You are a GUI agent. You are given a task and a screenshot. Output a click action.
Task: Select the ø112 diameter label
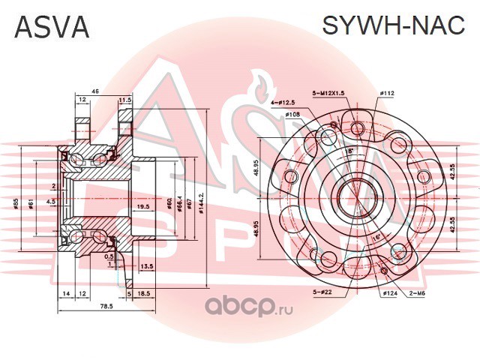387,93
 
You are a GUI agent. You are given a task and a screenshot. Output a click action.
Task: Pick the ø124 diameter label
388,292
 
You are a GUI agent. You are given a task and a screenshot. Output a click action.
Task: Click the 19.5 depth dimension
142,206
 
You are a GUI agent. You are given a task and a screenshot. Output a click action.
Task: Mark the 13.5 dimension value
147,266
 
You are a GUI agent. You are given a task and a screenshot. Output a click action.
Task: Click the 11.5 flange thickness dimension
125,99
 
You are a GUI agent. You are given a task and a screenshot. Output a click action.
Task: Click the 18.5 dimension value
145,294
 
